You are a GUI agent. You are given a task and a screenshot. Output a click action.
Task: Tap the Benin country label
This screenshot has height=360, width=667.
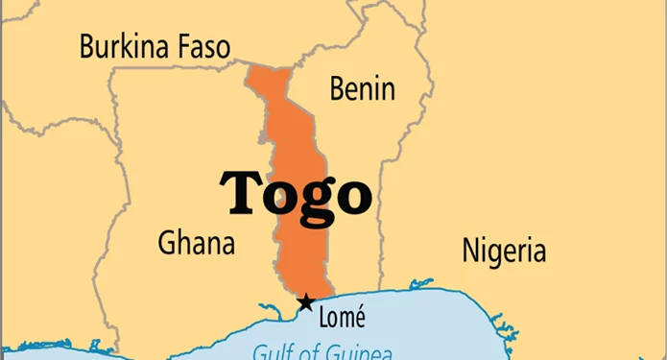tap(362, 88)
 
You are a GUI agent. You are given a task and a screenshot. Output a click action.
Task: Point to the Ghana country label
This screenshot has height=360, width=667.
tap(196, 241)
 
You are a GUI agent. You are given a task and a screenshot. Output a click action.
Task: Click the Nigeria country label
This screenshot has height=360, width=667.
tap(504, 251)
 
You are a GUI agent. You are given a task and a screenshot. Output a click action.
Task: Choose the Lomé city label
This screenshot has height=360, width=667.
tap(342, 316)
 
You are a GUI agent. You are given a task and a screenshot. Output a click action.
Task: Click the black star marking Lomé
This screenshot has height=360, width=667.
tap(305, 302)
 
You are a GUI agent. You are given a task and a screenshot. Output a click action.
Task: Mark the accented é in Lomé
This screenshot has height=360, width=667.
tap(359, 316)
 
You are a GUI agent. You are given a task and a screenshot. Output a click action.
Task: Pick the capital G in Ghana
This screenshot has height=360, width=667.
tap(167, 241)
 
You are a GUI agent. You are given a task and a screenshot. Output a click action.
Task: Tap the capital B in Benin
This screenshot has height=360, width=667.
tap(338, 88)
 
